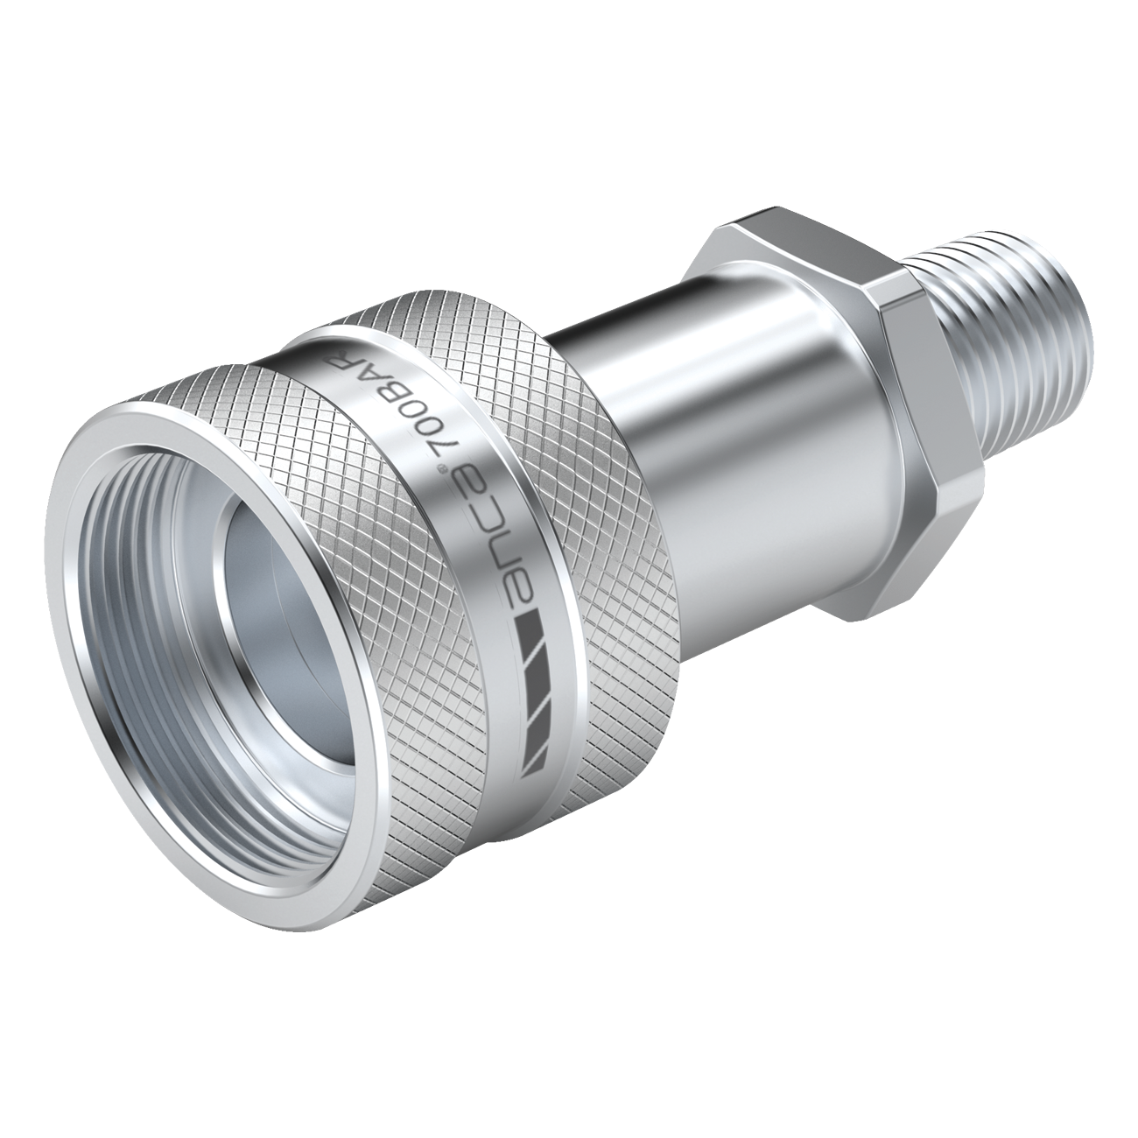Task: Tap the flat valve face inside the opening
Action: pyautogui.click(x=289, y=613)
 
